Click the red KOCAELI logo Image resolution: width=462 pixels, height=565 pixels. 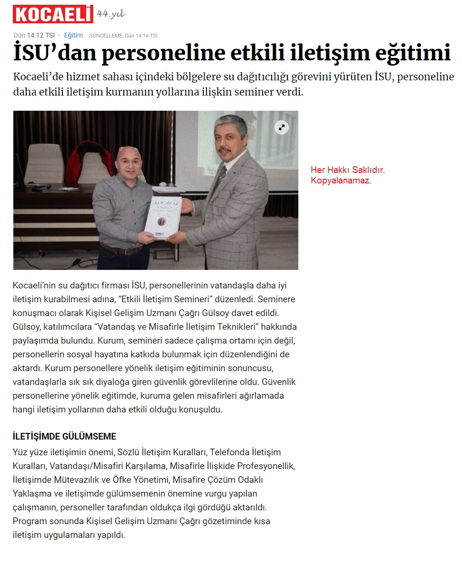[52, 14]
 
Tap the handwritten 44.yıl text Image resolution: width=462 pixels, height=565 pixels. [111, 14]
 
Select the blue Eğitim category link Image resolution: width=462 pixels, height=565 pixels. [73, 35]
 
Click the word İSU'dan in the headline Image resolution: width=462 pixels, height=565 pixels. [54, 53]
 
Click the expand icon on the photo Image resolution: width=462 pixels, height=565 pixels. [282, 127]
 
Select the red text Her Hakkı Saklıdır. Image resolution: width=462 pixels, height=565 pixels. [347, 170]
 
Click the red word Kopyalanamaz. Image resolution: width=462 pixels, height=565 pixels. [340, 180]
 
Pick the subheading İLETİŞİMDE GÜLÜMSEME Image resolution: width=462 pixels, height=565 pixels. [64, 436]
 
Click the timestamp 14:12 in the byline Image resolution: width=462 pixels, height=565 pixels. [35, 35]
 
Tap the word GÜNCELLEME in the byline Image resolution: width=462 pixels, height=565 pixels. [106, 36]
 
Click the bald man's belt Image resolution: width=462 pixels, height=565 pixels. [121, 249]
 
